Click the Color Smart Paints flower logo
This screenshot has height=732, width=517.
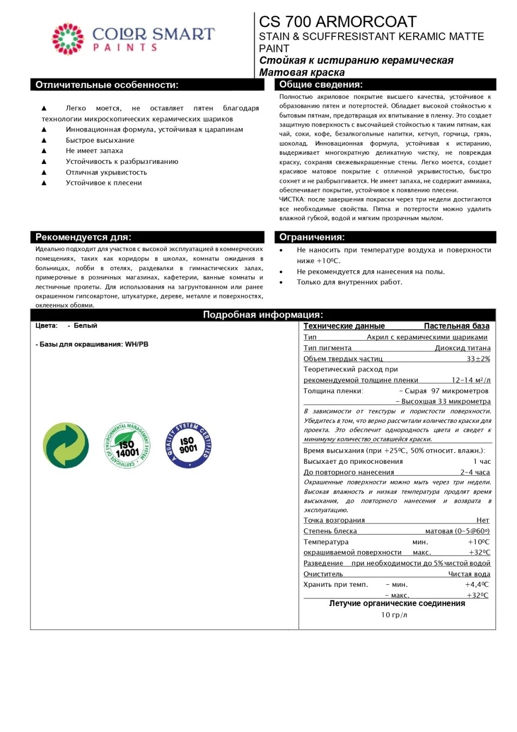(x=68, y=38)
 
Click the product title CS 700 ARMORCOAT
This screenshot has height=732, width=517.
(x=338, y=22)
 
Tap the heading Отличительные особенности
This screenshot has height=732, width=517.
(x=107, y=85)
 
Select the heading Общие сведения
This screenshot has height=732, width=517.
(x=321, y=85)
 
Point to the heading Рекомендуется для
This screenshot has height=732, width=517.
(x=83, y=237)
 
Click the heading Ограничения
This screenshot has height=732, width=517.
(x=312, y=237)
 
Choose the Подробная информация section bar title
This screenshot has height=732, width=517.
(x=263, y=315)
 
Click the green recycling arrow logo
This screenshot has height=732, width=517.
(x=66, y=445)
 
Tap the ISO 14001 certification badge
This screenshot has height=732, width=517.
(x=127, y=445)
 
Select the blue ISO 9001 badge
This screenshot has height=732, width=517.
(x=188, y=445)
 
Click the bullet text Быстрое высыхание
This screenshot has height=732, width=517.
(x=100, y=140)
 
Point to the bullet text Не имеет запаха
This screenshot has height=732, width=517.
(x=94, y=151)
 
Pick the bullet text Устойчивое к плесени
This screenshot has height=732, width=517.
(x=104, y=183)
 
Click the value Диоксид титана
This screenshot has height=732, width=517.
(x=463, y=348)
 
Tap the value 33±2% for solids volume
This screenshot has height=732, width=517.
(x=478, y=359)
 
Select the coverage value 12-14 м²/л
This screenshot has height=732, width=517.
(x=471, y=380)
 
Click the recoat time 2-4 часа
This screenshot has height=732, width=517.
(x=475, y=472)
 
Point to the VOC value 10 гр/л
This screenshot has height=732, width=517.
(x=394, y=615)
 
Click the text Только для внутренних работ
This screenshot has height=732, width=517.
(x=349, y=282)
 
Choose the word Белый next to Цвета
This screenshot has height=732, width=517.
(x=85, y=326)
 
